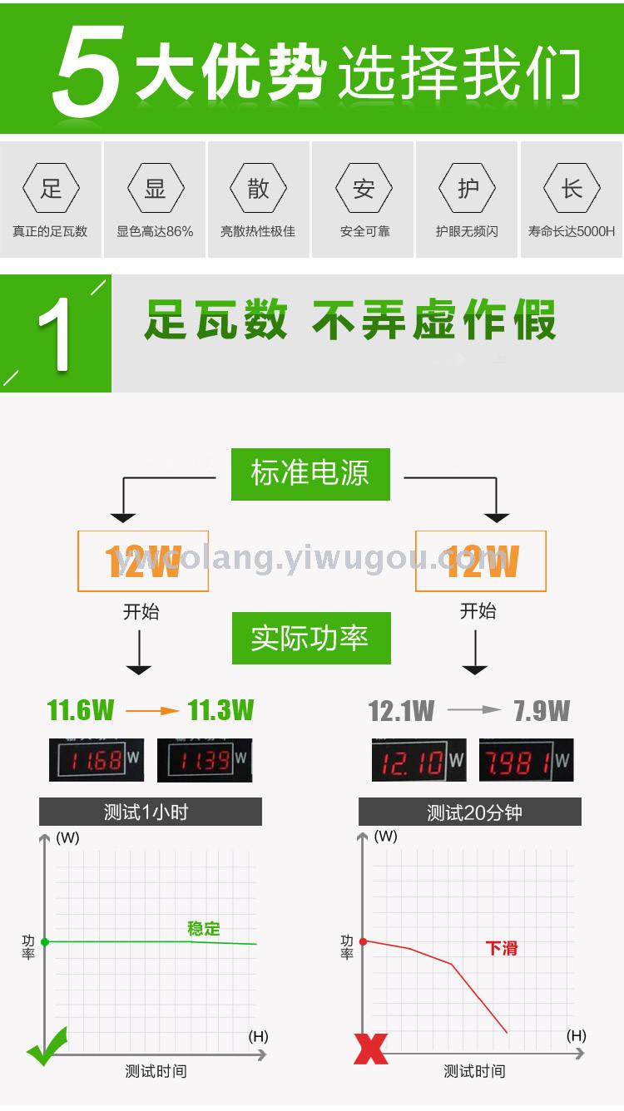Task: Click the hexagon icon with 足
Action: [51, 189]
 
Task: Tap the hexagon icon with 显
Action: [155, 189]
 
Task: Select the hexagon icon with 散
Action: [258, 189]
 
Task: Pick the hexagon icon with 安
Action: [364, 189]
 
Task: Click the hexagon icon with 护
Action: [468, 189]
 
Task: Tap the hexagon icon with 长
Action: [572, 189]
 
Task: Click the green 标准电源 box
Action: [310, 474]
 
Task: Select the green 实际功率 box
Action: [310, 639]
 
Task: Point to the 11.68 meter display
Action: [97, 760]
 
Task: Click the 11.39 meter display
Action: [205, 760]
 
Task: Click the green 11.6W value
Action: [81, 711]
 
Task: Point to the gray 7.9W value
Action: [542, 711]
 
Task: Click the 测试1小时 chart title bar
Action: [151, 812]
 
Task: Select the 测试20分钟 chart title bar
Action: [470, 812]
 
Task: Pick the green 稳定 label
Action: [204, 928]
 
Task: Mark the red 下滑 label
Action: [502, 948]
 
